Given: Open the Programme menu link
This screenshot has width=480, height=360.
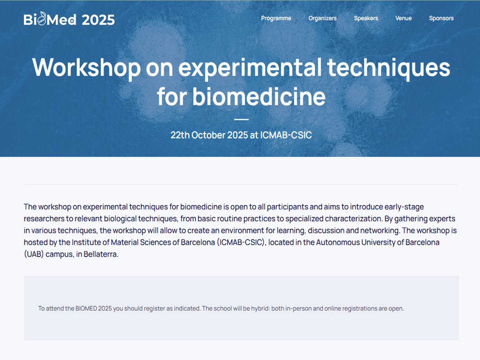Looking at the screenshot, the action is point(276,18).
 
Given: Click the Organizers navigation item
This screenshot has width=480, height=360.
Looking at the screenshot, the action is point(322,18).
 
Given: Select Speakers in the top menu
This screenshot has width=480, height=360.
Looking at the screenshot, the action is point(366,18).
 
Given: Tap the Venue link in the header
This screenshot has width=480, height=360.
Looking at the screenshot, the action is point(404,18).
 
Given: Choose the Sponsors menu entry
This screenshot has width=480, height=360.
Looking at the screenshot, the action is point(441,18).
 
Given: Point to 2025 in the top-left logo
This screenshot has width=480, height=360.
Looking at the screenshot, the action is point(98,20).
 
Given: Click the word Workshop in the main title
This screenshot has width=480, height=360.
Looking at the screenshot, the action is point(86,68).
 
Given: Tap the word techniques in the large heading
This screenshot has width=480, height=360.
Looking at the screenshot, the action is point(388,68).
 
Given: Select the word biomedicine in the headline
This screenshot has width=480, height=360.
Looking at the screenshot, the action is point(259,97).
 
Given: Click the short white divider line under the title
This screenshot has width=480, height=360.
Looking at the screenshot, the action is point(241,119).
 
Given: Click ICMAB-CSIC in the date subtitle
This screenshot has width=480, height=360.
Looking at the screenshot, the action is point(286,135).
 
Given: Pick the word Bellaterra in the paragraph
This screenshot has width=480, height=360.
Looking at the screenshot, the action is point(101,254).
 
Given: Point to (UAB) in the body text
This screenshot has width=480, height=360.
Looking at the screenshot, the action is point(34,254).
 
